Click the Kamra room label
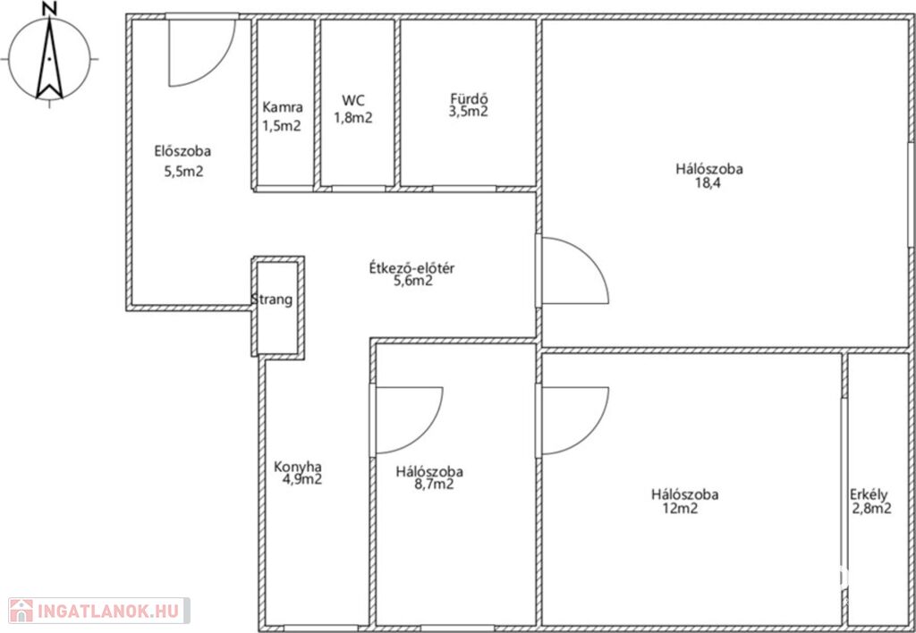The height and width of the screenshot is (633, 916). click(x=283, y=107)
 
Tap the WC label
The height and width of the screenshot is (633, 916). click(x=353, y=100)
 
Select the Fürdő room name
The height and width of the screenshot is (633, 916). click(x=469, y=97)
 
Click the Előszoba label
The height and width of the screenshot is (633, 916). click(x=182, y=151)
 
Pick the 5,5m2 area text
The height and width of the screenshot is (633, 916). click(x=183, y=172)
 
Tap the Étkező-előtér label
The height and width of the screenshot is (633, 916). click(x=411, y=268)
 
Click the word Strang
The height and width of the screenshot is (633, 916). click(x=272, y=300)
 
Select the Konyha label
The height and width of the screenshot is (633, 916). click(x=298, y=468)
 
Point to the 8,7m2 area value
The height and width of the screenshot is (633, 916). click(x=434, y=484)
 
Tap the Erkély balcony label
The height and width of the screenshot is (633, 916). click(x=869, y=495)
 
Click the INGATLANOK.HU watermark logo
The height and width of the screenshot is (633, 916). click(x=99, y=612)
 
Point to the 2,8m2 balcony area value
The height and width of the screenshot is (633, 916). click(x=871, y=509)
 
